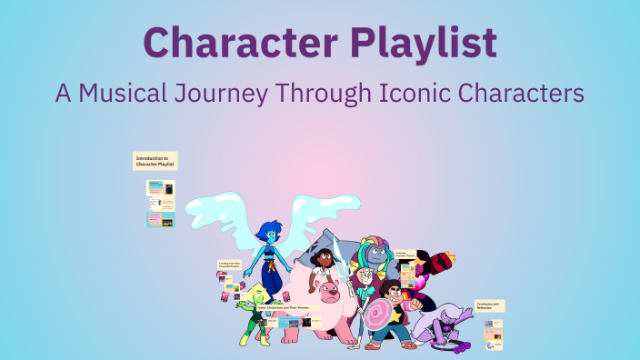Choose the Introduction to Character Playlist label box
tap(155, 161)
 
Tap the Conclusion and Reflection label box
tap(488, 306)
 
